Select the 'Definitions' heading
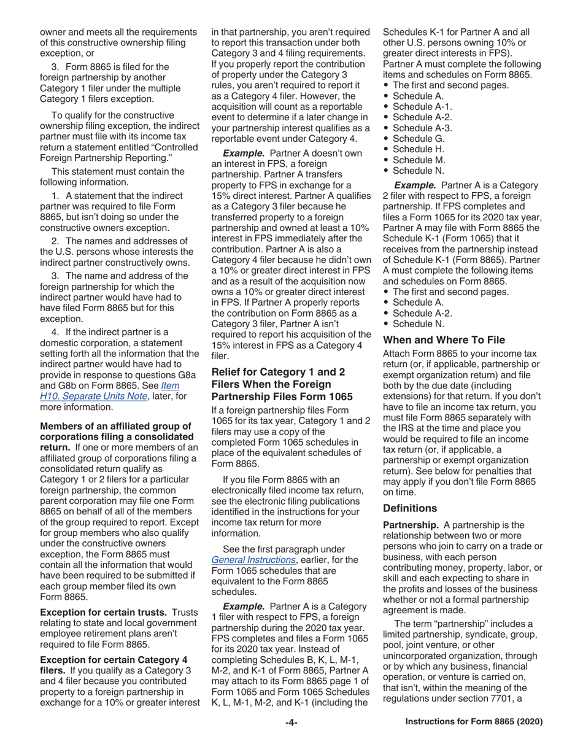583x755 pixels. pyautogui.click(x=410, y=508)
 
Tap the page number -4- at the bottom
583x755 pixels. pyautogui.click(x=291, y=722)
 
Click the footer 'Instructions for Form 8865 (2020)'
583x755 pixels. pyautogui.click(x=474, y=722)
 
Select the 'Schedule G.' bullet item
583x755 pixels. pyautogui.click(x=418, y=139)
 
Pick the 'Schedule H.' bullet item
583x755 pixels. pyautogui.click(x=418, y=149)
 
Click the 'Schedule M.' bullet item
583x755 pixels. pyautogui.click(x=419, y=160)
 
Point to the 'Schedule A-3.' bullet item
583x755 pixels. pyautogui.click(x=422, y=128)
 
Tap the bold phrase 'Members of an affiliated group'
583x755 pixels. pyautogui.click(x=115, y=426)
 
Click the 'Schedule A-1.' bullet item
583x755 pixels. pyautogui.click(x=422, y=107)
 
